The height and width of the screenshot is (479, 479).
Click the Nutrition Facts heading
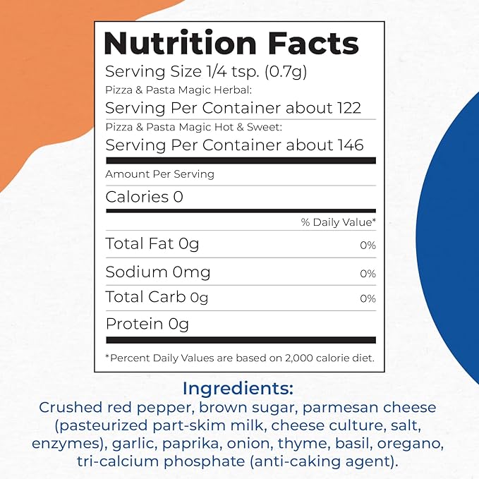click(x=231, y=44)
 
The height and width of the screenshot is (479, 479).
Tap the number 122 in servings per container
click(x=348, y=108)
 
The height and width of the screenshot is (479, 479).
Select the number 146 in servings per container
click(x=350, y=145)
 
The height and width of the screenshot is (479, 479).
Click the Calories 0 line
click(x=144, y=198)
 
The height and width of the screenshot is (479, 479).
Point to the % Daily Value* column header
click(x=339, y=222)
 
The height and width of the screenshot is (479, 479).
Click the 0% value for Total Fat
click(x=368, y=245)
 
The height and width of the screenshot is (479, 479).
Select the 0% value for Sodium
click(x=368, y=273)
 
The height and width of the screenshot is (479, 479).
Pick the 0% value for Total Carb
click(x=368, y=299)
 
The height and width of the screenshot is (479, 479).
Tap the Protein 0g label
click(x=147, y=325)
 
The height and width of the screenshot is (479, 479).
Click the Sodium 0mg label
click(x=158, y=272)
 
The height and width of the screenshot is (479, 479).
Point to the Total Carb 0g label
click(x=157, y=298)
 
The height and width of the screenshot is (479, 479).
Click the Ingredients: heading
click(x=238, y=389)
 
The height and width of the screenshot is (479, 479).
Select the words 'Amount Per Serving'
click(x=159, y=174)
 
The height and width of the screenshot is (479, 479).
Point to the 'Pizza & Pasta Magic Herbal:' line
click(x=178, y=90)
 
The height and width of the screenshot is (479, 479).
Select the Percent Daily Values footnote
click(x=240, y=358)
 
